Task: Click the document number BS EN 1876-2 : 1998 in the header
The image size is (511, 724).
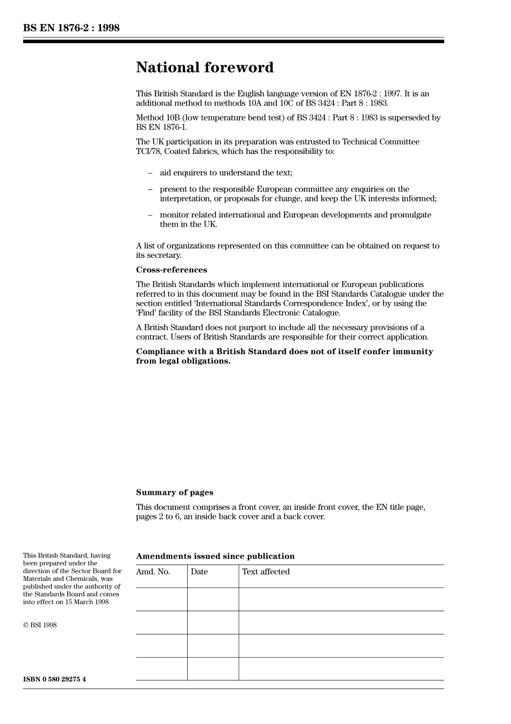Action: coord(71,28)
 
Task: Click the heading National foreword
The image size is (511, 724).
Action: coord(204,68)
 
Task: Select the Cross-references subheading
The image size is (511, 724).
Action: coord(171,270)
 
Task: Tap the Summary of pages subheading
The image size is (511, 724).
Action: coord(174,493)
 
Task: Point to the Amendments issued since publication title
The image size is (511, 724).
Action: coord(215,557)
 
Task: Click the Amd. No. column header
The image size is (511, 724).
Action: coord(153,572)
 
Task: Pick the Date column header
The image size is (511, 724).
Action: coord(199,572)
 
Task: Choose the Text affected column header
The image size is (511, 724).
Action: coord(266,572)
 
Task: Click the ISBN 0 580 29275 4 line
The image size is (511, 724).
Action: coord(54,679)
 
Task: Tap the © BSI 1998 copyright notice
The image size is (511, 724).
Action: coord(40,625)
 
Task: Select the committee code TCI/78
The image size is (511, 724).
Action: coord(148,151)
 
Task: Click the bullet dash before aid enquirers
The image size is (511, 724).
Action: coord(150,173)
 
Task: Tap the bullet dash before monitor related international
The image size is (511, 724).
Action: coord(150,215)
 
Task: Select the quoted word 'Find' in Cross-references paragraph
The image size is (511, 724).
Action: coord(146,313)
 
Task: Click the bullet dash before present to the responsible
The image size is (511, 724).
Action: coord(150,189)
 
